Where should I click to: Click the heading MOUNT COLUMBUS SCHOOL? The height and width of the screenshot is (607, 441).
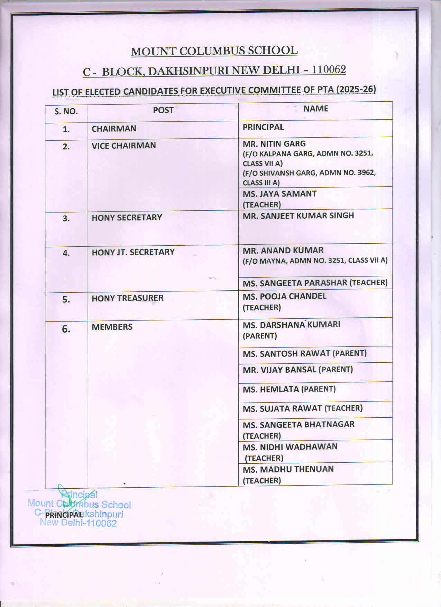tap(214, 51)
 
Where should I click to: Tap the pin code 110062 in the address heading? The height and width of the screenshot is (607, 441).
tap(329, 70)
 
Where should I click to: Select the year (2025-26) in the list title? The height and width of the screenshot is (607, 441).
tap(356, 89)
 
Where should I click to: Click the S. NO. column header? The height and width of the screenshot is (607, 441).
tap(66, 111)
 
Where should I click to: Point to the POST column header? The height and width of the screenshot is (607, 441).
tap(163, 110)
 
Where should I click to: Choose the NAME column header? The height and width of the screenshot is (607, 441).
tap(315, 109)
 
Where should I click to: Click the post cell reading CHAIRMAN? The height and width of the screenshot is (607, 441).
tap(114, 129)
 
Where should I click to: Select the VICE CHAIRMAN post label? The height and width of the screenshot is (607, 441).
tap(123, 145)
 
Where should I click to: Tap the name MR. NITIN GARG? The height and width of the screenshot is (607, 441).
tap(274, 144)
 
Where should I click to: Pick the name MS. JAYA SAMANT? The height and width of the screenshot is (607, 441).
tap(279, 194)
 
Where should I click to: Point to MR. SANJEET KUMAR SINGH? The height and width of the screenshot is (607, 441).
tap(298, 216)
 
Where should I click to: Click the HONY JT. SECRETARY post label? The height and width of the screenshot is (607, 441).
tap(133, 252)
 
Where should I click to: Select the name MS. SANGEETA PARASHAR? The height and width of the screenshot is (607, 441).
tap(295, 283)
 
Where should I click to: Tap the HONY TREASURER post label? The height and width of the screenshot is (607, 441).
tap(127, 298)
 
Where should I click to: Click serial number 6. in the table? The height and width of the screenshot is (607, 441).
tap(66, 329)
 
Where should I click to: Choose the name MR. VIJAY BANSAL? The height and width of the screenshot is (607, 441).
tap(279, 370)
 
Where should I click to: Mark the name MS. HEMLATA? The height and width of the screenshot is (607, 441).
tap(270, 389)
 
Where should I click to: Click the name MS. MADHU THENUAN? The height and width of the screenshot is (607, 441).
tap(288, 469)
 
